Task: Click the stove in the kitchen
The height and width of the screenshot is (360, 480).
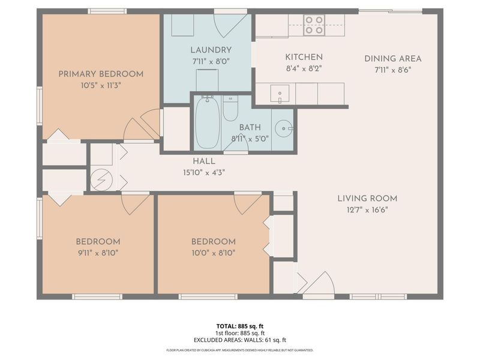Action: click(x=314, y=25)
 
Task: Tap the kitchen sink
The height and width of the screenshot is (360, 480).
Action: click(x=280, y=93)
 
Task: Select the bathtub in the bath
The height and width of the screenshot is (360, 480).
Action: click(x=207, y=122)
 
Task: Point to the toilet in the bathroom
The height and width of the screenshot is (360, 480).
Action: click(x=230, y=109)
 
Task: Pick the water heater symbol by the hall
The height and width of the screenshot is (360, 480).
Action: click(x=101, y=179)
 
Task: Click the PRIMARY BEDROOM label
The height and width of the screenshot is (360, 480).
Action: click(x=101, y=74)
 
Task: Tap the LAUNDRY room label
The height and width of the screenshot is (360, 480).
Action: click(x=211, y=50)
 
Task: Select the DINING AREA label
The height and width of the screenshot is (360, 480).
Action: click(x=393, y=58)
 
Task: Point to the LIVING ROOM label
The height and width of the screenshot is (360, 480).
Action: click(x=367, y=199)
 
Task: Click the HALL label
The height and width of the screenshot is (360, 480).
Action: click(x=204, y=161)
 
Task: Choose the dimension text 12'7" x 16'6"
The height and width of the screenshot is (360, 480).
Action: click(x=367, y=210)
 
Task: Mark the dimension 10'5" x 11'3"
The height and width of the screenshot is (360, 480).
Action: click(x=101, y=85)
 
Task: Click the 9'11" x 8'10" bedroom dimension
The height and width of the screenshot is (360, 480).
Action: click(x=98, y=253)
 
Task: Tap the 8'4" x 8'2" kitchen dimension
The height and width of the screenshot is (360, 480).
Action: click(x=304, y=68)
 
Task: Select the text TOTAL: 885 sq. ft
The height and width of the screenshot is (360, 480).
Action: click(x=239, y=326)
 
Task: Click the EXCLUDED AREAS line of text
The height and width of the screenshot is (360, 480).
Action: click(x=239, y=340)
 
